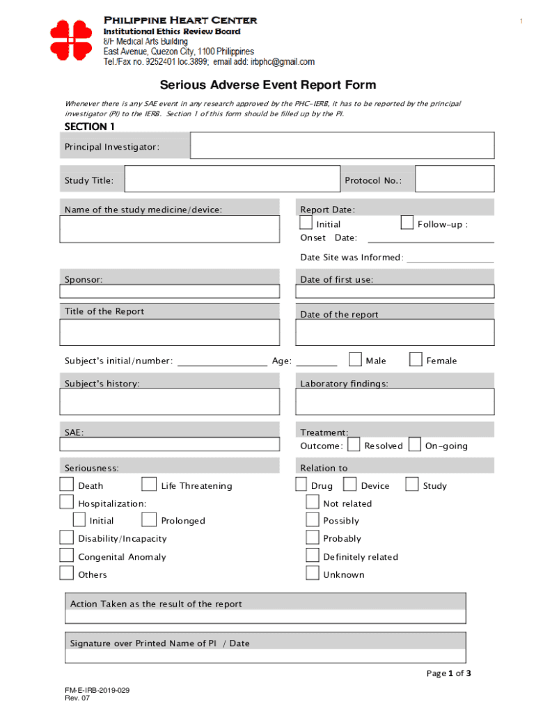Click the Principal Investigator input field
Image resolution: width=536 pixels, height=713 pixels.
(342, 146)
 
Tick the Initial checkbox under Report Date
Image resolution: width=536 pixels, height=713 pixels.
(306, 223)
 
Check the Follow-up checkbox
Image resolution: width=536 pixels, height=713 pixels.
(407, 223)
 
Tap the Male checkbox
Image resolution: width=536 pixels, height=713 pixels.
(355, 359)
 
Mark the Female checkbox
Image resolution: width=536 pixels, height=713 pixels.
(416, 359)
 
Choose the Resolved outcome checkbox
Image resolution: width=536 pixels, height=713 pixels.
(354, 444)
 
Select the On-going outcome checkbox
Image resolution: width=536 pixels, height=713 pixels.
(414, 444)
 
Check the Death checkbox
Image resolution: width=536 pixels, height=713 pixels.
(66, 484)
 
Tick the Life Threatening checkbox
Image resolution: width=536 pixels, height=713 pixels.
(148, 484)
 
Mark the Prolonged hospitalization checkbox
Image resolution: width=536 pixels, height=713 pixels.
(148, 519)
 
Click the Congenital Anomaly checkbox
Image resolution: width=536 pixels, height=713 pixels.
(66, 555)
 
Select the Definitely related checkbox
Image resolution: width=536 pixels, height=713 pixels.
(312, 555)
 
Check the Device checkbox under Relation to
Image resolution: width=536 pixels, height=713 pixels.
(349, 484)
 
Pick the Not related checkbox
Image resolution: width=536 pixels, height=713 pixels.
(312, 502)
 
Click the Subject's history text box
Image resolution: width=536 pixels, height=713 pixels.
(170, 402)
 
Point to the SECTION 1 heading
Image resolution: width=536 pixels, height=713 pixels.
(89, 127)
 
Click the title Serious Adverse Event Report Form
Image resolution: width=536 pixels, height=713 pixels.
(268, 85)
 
